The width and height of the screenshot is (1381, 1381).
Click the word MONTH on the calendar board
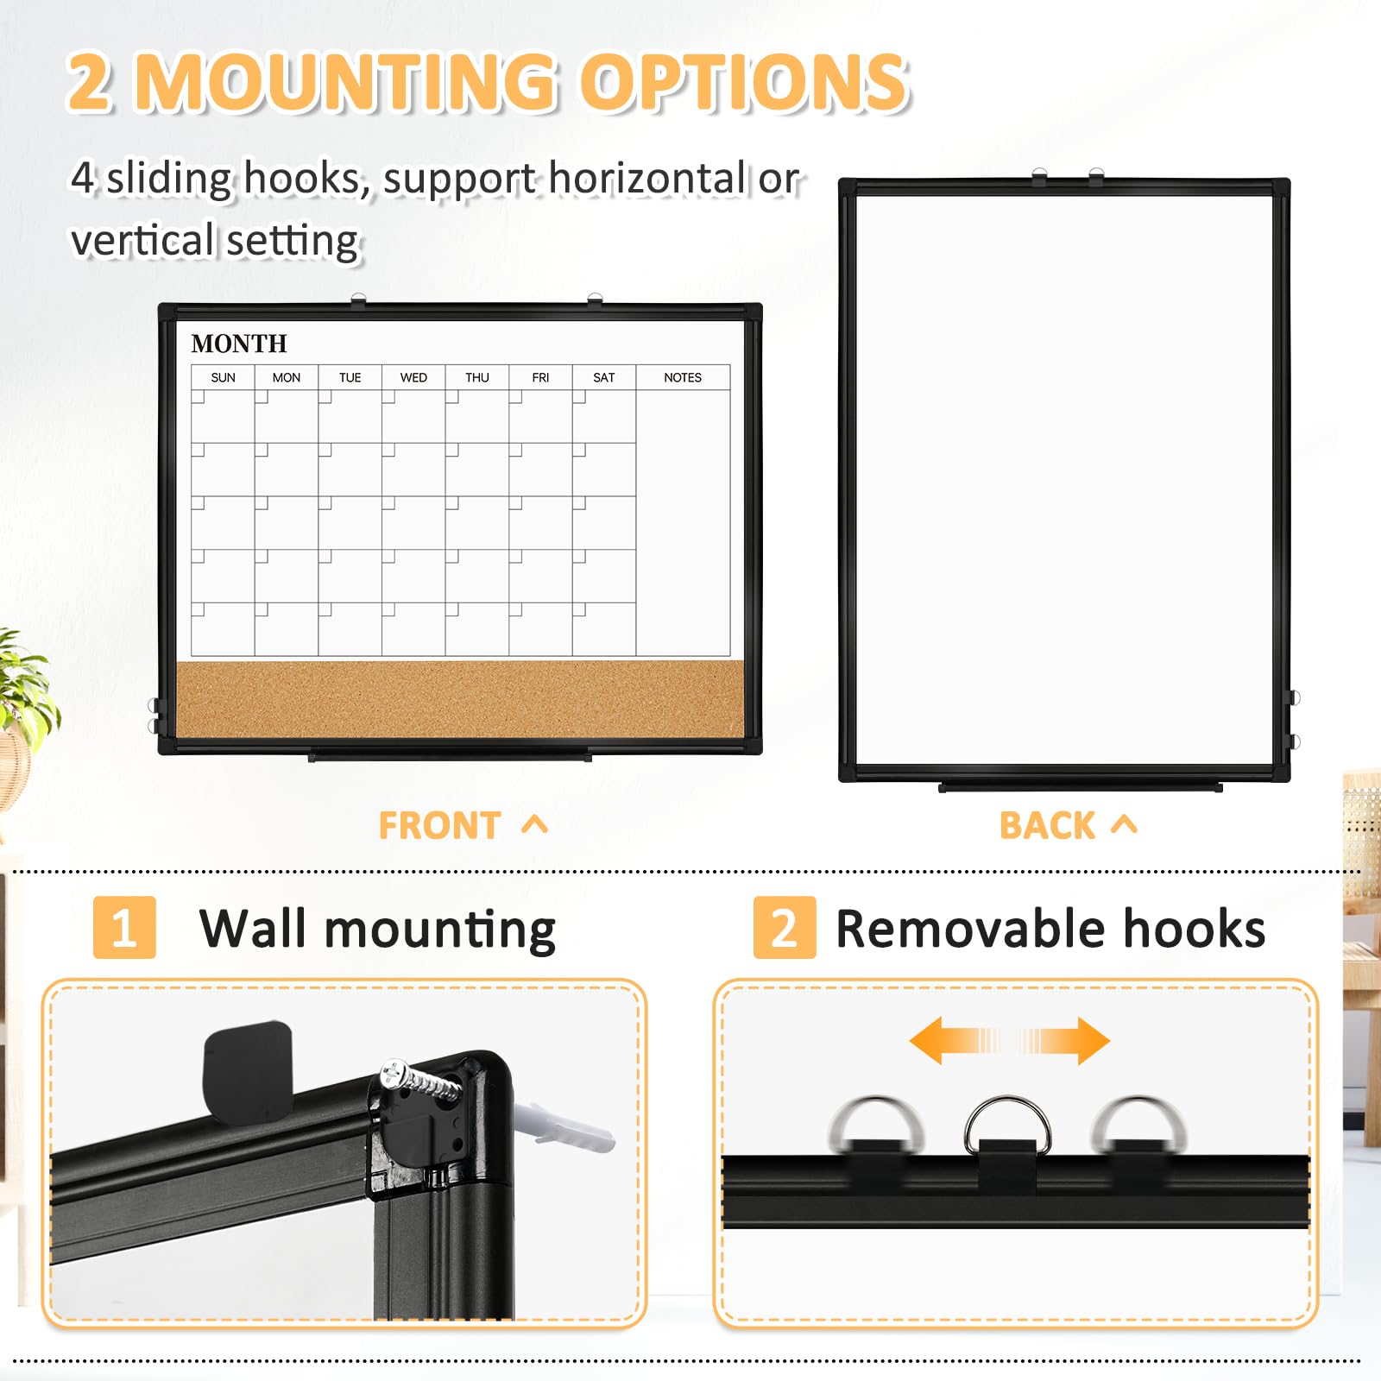point(239,344)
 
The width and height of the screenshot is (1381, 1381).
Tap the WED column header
point(413,377)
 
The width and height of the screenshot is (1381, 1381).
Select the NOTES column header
point(682,377)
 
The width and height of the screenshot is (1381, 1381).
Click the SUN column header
point(223,377)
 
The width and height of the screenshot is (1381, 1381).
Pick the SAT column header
point(603,377)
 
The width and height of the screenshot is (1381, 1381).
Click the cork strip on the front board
point(459,699)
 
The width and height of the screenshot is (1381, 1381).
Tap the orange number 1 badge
point(124,928)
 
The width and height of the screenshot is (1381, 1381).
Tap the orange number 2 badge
point(784,928)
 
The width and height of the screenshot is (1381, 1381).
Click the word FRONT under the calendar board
point(439,826)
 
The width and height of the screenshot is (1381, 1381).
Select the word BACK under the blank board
point(1047,826)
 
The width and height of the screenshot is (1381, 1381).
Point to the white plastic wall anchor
point(570,1127)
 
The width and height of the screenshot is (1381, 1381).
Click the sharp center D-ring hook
point(1007,1122)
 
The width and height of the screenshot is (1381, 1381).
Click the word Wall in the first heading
point(252,929)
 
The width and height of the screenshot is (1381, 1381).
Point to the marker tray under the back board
point(1080,787)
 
